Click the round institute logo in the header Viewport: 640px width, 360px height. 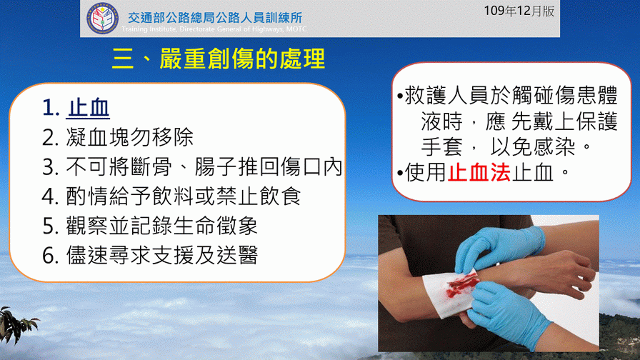click(x=102, y=19)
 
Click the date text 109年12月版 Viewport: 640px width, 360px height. click(x=519, y=11)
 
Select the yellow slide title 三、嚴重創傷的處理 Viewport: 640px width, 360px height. click(x=219, y=59)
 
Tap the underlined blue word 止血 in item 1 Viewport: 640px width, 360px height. click(x=88, y=108)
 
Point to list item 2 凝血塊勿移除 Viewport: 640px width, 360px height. click(x=118, y=137)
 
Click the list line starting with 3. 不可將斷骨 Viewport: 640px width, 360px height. click(x=192, y=167)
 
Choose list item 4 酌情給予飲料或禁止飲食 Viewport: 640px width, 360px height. click(x=171, y=196)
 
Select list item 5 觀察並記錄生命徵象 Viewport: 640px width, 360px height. click(x=150, y=226)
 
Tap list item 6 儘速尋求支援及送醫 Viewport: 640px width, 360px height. click(x=150, y=255)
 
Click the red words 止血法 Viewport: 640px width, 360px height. click(x=479, y=172)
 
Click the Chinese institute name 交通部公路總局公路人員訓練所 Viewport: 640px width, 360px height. click(x=215, y=18)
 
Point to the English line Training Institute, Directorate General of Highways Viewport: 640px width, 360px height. click(x=214, y=29)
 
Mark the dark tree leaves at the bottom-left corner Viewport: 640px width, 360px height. click(x=16, y=324)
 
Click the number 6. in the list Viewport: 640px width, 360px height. click(x=51, y=256)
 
